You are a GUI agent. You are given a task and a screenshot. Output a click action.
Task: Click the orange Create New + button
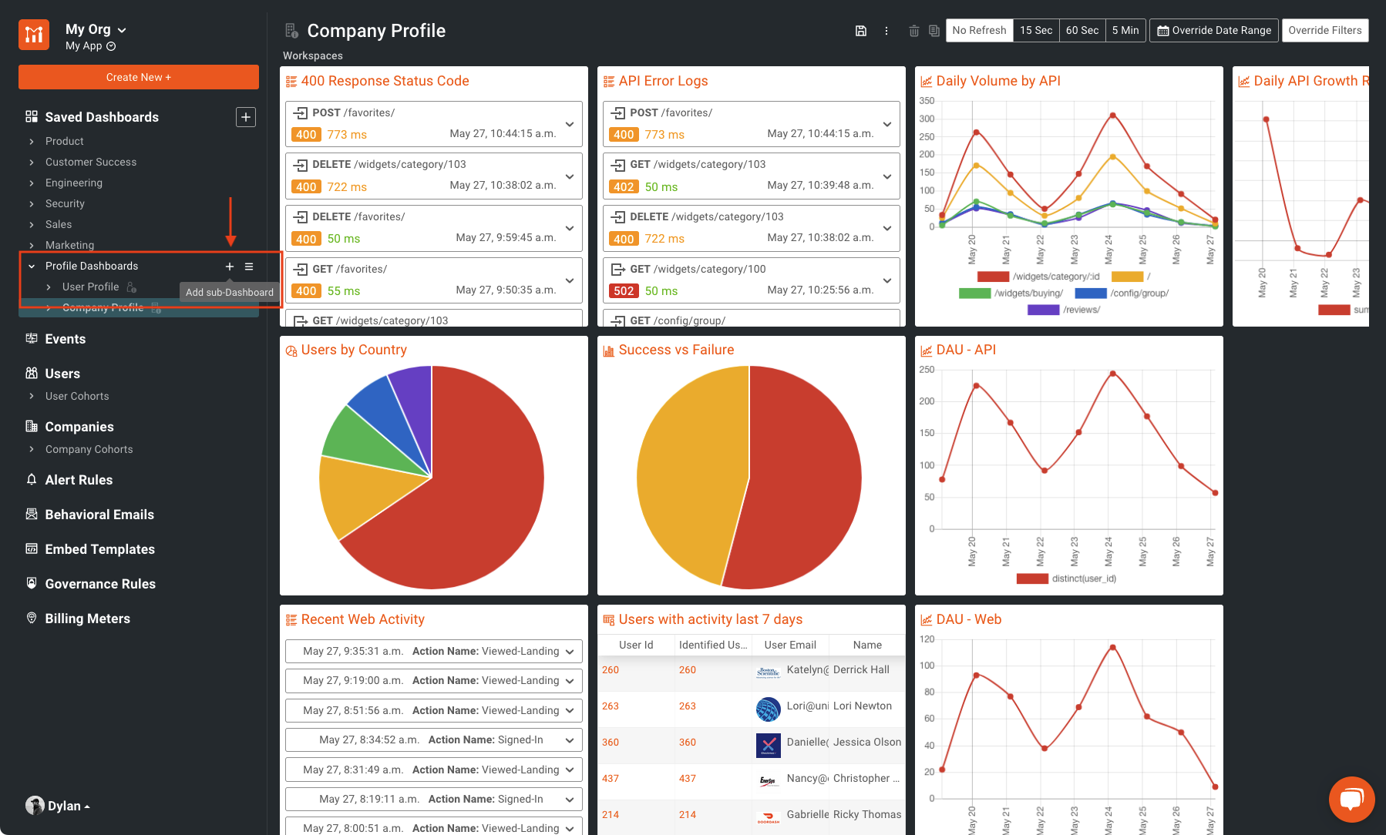[x=139, y=77]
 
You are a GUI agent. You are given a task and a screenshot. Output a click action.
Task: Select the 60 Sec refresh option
[x=1082, y=30]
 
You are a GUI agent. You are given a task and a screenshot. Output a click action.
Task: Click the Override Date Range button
[x=1213, y=30]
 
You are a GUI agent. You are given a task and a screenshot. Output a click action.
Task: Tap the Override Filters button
[x=1324, y=30]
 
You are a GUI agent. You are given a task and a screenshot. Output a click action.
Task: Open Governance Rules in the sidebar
[x=100, y=584]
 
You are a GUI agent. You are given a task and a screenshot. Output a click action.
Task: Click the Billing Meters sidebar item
[x=87, y=619]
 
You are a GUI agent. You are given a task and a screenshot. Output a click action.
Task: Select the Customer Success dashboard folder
[x=90, y=162]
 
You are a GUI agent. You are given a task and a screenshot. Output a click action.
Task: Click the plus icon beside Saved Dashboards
[x=245, y=117]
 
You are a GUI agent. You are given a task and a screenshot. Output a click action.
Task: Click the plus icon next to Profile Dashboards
[x=229, y=267]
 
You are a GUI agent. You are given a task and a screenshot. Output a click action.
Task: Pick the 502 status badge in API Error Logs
[x=624, y=291]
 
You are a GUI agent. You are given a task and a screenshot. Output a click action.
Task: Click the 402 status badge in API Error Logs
[x=624, y=187]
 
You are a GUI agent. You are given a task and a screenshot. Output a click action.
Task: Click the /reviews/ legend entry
[x=1081, y=310]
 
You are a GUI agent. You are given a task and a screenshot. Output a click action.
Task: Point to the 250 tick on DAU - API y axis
[x=927, y=370]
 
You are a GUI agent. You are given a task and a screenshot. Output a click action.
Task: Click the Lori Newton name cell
[x=862, y=706]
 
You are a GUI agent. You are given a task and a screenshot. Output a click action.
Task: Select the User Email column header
[x=789, y=645]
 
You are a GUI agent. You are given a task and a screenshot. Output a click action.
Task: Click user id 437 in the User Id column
[x=611, y=778]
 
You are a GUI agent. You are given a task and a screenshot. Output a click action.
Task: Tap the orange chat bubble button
[x=1351, y=799]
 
